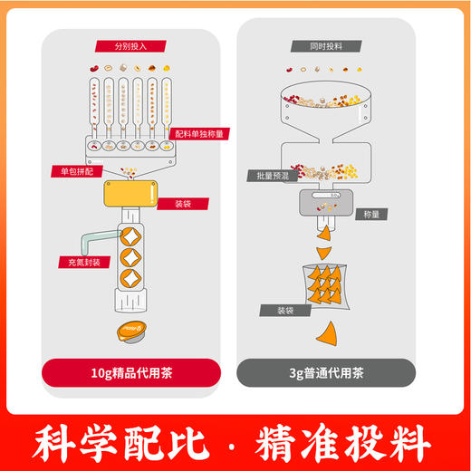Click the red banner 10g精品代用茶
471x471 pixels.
(131, 371)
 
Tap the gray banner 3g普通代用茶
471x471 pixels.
(326, 371)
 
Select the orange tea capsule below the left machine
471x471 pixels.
(130, 332)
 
